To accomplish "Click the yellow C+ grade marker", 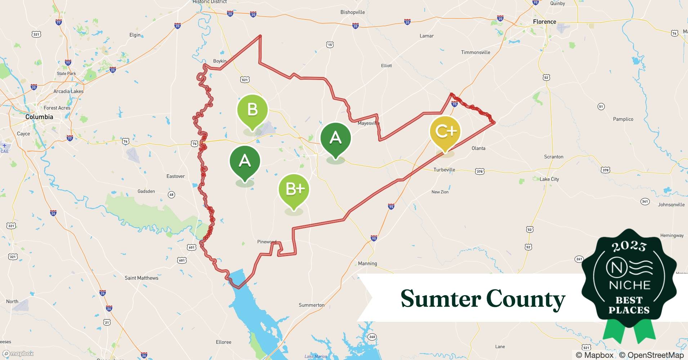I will pos(445,131).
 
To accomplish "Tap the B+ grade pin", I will pos(294,189).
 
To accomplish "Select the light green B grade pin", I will pos(253,109).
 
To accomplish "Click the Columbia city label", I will pos(39,117).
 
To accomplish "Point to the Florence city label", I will pos(544,22).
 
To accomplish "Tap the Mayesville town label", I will pos(368,123).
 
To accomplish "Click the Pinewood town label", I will pos(267,242).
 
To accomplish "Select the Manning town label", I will pos(367,264).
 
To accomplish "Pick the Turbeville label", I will pos(444,170).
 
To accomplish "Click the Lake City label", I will pos(549,179).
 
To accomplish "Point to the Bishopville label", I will pos(352,12).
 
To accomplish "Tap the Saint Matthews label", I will pos(141,278).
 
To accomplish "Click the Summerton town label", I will pos(311,305).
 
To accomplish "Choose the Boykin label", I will pos(220,61).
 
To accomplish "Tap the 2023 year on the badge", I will pos(629,246).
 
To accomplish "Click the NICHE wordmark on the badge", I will pos(629,285).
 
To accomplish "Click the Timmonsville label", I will pos(475,53).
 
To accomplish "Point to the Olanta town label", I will pos(478,148).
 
